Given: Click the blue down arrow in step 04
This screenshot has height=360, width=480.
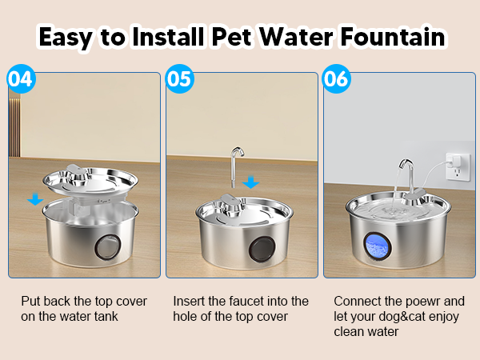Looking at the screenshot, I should click(x=34, y=198).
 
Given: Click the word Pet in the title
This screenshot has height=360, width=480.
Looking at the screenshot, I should click(x=228, y=37).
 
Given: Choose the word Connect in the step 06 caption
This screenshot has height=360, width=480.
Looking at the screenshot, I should click(x=357, y=302).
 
